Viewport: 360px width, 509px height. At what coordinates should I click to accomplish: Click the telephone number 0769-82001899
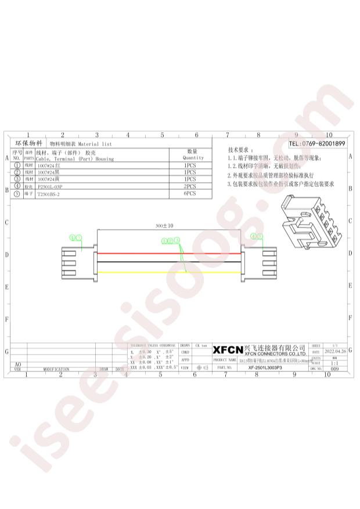click(317, 143)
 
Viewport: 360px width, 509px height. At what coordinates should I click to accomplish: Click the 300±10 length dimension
click(165, 225)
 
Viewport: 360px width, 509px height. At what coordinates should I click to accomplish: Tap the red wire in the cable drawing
click(168, 254)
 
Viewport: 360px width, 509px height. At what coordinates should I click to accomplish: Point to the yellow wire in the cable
click(168, 272)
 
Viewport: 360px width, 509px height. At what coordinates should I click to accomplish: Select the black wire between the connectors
click(168, 262)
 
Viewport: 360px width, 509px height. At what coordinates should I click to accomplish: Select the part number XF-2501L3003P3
click(256, 368)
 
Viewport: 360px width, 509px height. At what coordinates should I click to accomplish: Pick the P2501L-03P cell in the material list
click(49, 187)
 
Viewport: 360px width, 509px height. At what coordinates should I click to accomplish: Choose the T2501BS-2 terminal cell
click(49, 196)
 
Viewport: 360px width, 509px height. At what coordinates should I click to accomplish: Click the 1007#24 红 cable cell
click(49, 165)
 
